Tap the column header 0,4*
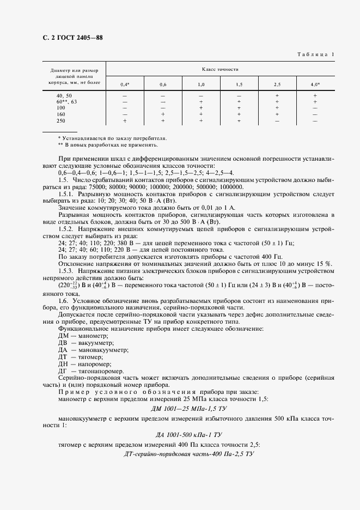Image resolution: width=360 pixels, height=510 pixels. pos(125,85)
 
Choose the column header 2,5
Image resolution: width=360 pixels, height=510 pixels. pos(277,85)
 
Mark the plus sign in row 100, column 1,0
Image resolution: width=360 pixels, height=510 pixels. pos(201,108)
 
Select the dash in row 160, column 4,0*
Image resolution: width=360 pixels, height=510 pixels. pos(315,114)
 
